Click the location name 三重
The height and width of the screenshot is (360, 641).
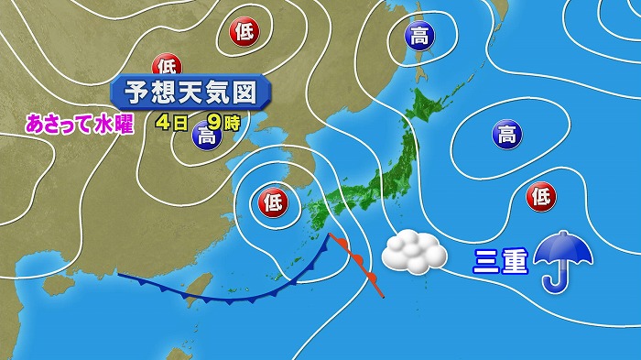(x=500, y=261)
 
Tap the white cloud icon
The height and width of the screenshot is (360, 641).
(x=413, y=251)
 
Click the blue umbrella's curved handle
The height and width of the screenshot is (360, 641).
(x=556, y=279)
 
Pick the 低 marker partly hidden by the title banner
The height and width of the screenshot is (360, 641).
(x=167, y=67)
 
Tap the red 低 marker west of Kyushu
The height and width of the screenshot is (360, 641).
(x=272, y=199)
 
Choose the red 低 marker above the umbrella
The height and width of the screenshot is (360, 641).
(x=540, y=195)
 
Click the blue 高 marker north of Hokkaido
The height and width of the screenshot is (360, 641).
(x=419, y=36)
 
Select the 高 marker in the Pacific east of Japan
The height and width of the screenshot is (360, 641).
(x=505, y=136)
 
